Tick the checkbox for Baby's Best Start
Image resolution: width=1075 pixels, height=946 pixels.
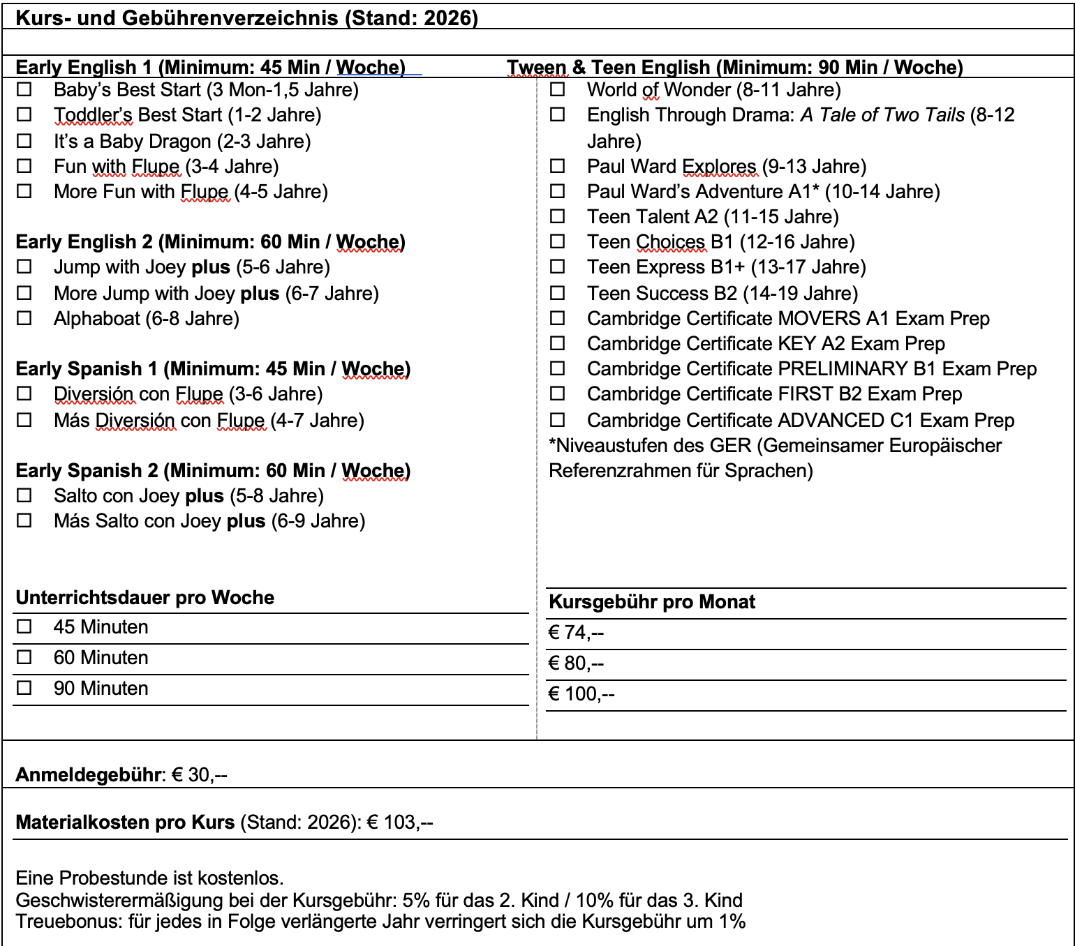coord(24,89)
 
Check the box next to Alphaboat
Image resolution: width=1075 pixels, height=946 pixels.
coord(24,318)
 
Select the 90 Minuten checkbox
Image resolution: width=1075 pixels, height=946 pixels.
coord(24,688)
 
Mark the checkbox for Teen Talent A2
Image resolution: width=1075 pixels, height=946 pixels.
coord(557,216)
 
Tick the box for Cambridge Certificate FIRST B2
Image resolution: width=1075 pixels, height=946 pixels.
coord(557,393)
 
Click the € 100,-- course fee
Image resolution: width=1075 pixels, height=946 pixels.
coord(581,694)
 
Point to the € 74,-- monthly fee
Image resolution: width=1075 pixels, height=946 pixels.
coord(576,633)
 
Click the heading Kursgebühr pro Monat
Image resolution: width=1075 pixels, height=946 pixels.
coord(652,602)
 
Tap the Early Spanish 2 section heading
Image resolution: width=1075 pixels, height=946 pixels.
coord(213,471)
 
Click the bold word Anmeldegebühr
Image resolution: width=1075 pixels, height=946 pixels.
coord(89,775)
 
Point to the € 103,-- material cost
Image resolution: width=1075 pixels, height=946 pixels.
coord(400,823)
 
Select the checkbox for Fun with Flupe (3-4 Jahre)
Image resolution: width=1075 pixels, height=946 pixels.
coord(24,166)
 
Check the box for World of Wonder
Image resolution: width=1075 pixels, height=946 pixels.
coord(557,89)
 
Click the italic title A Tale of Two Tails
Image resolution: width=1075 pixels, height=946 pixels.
coord(882,115)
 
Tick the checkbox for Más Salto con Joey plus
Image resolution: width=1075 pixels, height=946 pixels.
coord(24,520)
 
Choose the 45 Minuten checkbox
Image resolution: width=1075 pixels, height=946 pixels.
coord(24,626)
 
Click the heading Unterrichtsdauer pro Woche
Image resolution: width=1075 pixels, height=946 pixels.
coord(144,598)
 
